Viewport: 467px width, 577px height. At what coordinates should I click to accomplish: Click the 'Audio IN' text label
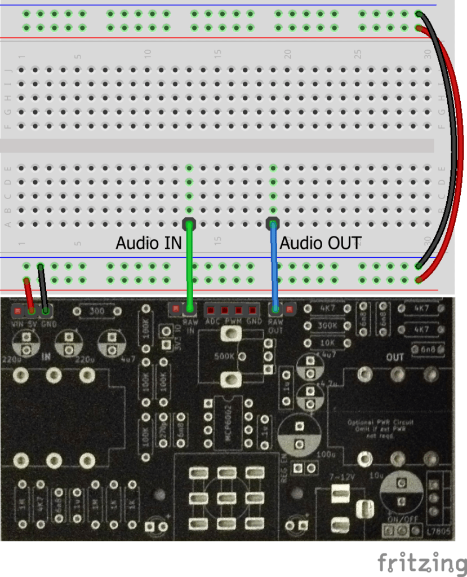tap(149, 243)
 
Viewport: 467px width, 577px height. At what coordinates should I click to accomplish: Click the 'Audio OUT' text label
tap(320, 243)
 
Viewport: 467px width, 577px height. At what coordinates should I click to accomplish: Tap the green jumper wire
tap(190, 265)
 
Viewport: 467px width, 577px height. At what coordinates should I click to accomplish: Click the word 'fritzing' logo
tap(421, 563)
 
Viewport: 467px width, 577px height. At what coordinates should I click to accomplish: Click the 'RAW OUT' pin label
tap(275, 325)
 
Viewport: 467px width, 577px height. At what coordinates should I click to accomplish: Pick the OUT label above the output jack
tap(395, 358)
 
